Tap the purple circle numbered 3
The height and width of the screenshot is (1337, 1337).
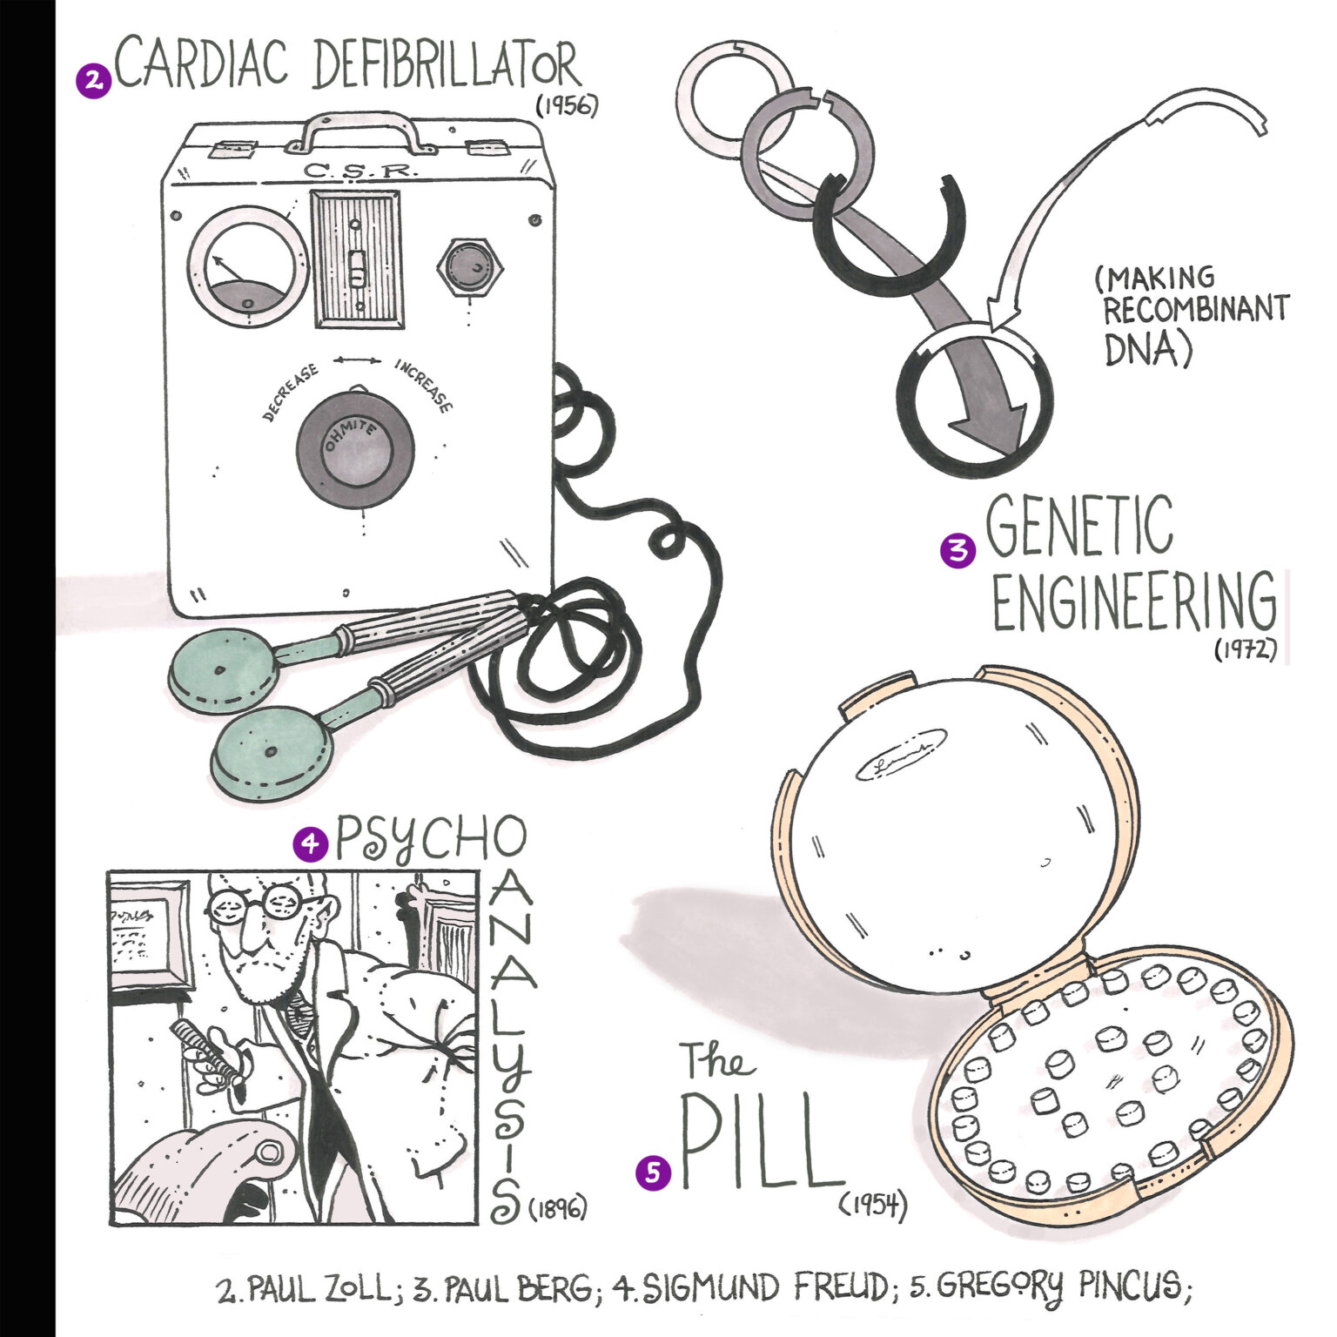tap(957, 550)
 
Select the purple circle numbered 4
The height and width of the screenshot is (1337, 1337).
tap(310, 843)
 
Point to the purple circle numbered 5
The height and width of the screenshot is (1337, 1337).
tap(654, 1172)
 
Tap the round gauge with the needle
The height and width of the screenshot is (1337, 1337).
tap(247, 266)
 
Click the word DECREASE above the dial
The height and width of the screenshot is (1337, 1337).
tap(291, 393)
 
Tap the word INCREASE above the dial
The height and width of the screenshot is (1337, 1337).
tap(425, 385)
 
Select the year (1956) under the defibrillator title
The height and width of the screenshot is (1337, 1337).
tap(567, 106)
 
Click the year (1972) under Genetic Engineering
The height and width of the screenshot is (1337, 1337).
tap(1245, 649)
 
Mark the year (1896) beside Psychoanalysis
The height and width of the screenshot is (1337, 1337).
tap(557, 1208)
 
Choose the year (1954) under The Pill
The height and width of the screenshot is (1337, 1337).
tap(873, 1206)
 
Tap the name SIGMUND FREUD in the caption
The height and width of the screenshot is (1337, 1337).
tap(753, 1287)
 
